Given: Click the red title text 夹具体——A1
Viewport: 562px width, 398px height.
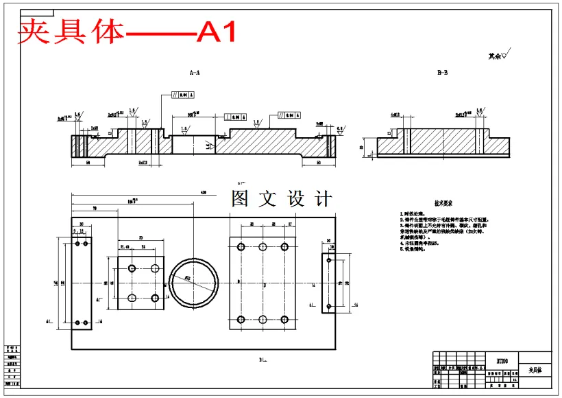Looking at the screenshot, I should [x=127, y=32].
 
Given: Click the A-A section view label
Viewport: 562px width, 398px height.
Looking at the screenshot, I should [x=195, y=72].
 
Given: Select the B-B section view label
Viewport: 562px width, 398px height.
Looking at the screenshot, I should [x=442, y=72].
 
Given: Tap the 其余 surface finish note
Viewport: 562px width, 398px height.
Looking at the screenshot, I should [x=498, y=56].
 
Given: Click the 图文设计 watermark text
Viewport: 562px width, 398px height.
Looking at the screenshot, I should [x=282, y=199].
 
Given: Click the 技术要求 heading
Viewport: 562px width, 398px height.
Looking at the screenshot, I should [x=444, y=204].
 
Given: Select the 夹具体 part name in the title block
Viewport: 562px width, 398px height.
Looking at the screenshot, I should [x=535, y=370].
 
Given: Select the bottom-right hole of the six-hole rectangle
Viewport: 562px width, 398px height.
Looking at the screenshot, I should [x=284, y=319].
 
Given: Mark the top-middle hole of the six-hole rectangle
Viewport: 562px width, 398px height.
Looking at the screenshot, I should [x=262, y=246].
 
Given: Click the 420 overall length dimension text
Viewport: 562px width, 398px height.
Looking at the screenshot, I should [x=203, y=192].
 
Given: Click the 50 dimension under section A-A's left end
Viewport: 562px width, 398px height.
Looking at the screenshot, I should [x=88, y=163].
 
